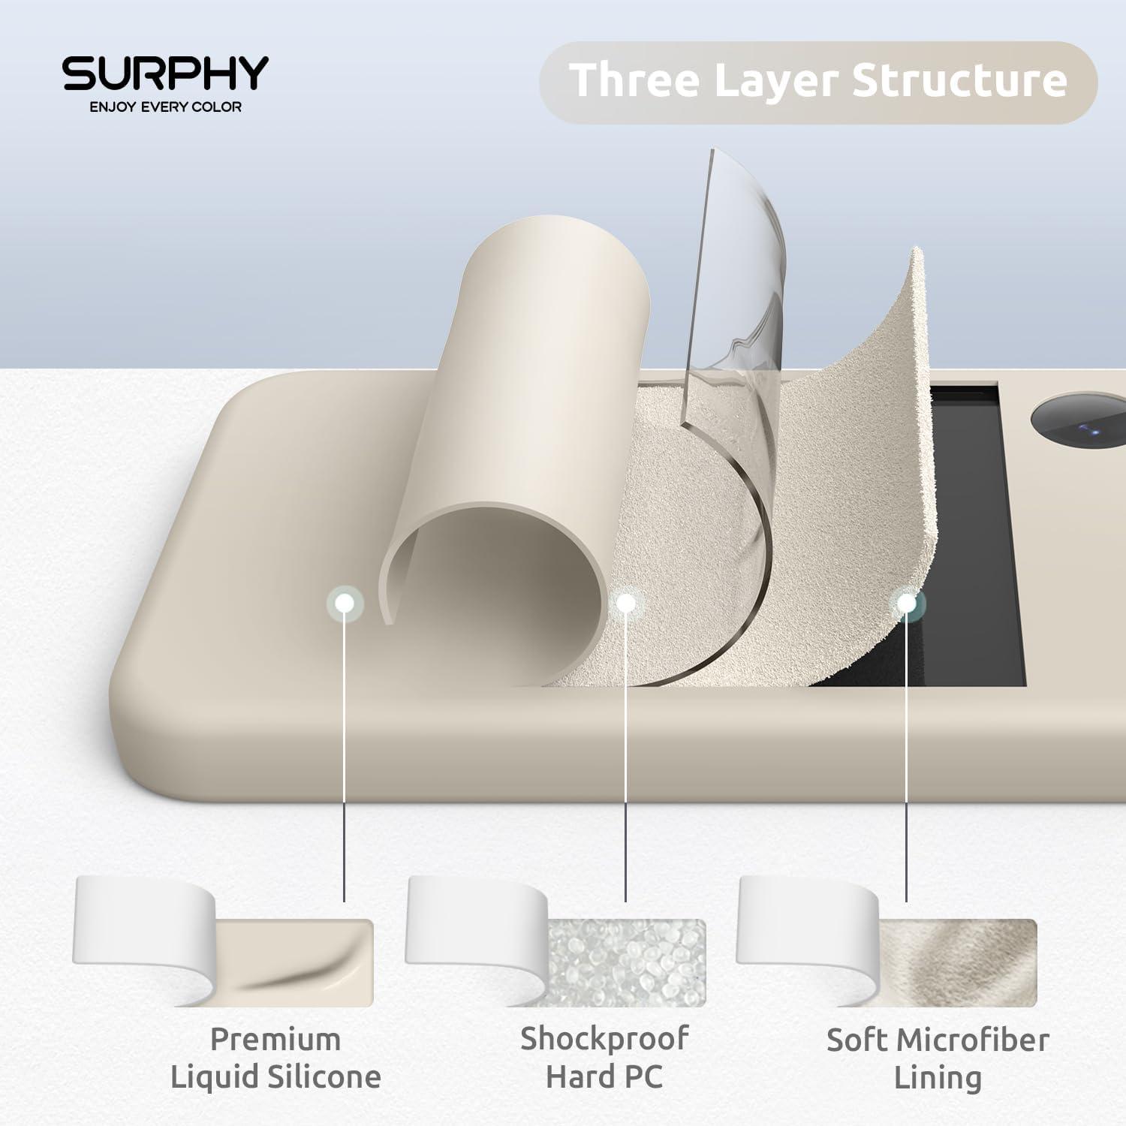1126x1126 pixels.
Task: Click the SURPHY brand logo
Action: point(165,73)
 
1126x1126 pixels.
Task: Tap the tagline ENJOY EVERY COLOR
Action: point(166,107)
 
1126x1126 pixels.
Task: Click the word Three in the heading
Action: point(633,80)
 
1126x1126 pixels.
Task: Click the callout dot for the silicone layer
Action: point(345,602)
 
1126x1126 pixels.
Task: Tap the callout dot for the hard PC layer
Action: point(625,601)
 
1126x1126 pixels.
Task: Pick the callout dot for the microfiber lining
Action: point(907,603)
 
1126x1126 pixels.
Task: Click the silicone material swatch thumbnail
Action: point(223,941)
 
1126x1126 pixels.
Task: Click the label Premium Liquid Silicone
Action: point(275,1058)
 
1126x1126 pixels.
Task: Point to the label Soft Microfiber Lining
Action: point(938,1059)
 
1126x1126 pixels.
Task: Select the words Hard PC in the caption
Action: point(604,1076)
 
